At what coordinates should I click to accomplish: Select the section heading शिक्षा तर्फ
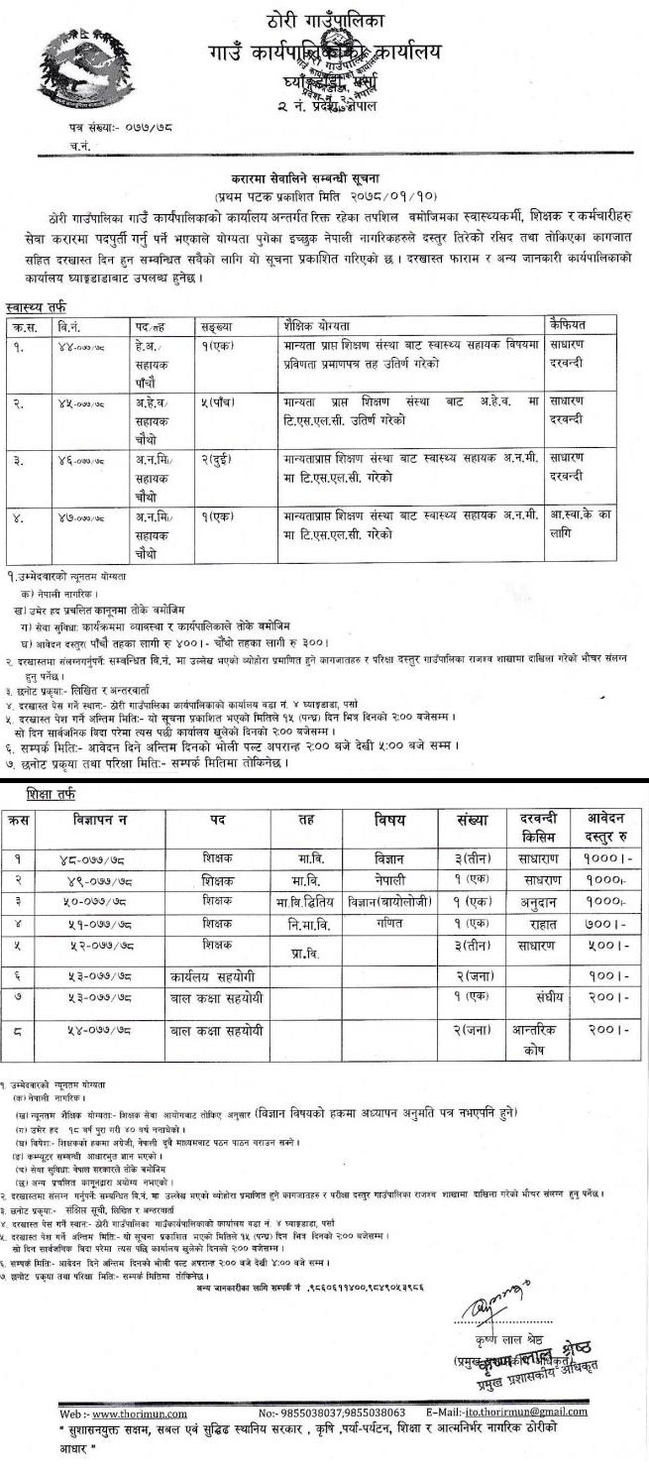coord(42,794)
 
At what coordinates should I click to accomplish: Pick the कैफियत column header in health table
coord(569,324)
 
